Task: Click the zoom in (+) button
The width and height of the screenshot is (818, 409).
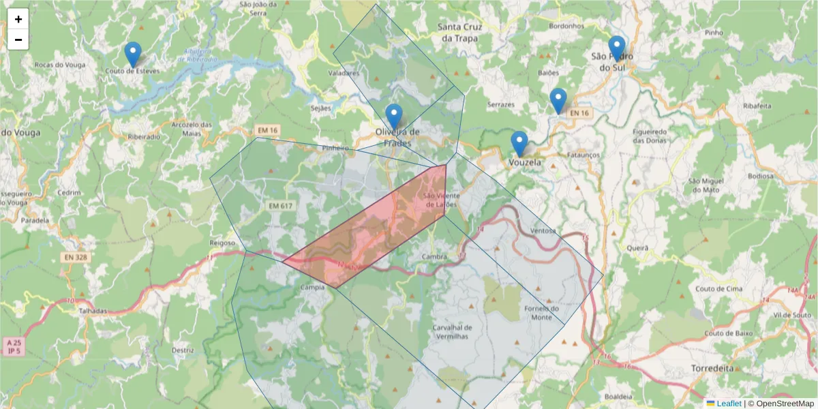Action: tap(18, 19)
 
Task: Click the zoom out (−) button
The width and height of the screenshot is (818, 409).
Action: tap(18, 40)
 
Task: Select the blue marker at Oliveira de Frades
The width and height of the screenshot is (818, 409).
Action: tap(393, 116)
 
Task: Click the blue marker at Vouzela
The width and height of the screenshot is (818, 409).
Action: tap(519, 144)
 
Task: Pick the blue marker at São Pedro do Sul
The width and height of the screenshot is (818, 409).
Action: tap(617, 48)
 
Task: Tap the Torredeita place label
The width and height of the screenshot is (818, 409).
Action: tap(712, 367)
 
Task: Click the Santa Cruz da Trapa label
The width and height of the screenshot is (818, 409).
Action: tap(460, 33)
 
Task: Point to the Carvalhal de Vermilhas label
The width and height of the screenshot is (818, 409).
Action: tap(451, 332)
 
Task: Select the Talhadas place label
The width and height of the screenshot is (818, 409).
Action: tap(93, 311)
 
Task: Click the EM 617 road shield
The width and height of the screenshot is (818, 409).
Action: tap(280, 206)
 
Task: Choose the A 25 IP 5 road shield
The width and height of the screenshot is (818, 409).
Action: tap(14, 346)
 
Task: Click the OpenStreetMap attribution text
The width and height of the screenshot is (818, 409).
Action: tap(784, 404)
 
